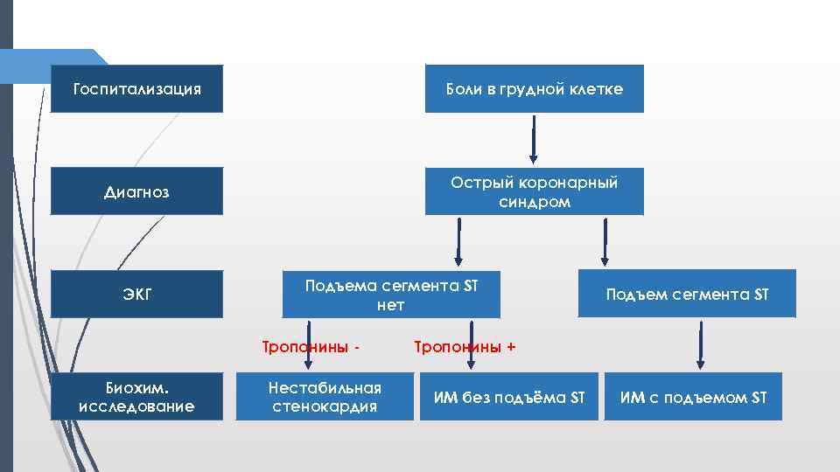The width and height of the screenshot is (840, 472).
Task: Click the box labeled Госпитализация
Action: (136, 89)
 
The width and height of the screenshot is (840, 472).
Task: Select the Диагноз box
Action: (136, 191)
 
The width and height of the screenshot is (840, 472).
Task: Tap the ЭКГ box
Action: (136, 295)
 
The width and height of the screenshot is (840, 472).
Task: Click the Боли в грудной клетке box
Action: (534, 89)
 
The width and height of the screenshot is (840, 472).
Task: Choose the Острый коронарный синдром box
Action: (534, 191)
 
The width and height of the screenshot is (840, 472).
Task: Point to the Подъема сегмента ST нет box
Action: (390, 295)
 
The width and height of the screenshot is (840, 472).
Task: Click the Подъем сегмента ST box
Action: (687, 295)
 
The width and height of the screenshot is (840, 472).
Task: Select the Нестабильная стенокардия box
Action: (325, 397)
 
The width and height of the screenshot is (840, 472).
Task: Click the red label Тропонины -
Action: (311, 347)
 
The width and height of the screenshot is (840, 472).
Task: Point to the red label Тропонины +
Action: (464, 347)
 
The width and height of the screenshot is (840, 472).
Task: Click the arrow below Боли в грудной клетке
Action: (533, 140)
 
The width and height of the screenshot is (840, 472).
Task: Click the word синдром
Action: (534, 202)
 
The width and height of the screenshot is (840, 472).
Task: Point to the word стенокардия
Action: (325, 406)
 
